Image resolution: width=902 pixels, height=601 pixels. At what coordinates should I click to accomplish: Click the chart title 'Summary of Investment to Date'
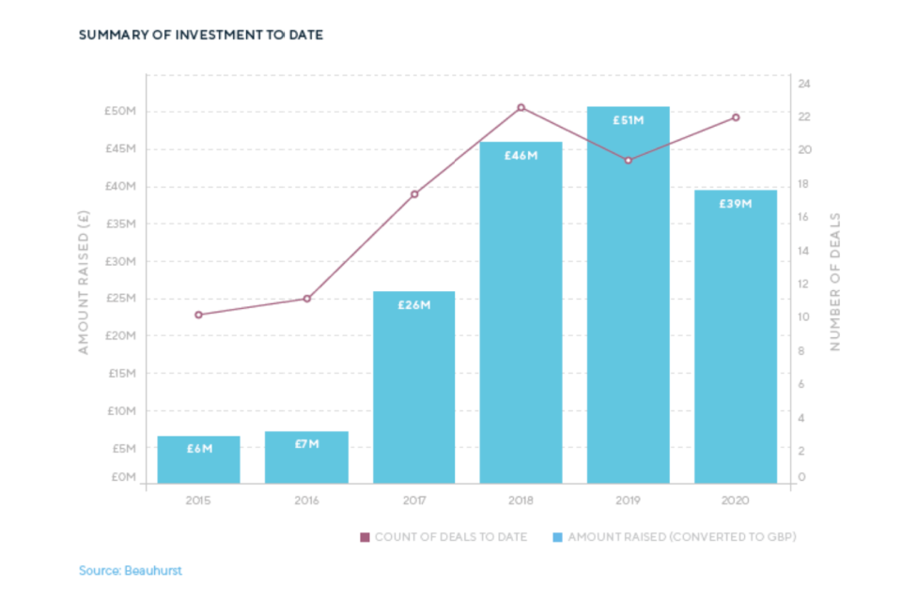201,36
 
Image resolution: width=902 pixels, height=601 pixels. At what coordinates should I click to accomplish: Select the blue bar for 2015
198,460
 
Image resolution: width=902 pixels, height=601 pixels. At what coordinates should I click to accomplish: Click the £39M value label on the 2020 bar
735,204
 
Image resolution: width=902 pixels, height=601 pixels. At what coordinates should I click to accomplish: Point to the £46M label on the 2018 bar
521,155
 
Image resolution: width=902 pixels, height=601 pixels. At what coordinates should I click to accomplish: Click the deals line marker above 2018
521,108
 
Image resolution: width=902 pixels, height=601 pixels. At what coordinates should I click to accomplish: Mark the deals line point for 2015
198,315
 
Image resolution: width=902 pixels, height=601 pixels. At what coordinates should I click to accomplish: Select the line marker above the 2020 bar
736,117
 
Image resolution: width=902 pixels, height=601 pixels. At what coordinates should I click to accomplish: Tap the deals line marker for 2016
306,299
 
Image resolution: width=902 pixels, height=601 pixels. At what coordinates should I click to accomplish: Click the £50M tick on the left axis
120,112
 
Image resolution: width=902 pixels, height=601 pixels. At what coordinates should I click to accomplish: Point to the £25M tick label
120,299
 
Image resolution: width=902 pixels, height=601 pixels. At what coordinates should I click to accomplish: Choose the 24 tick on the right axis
805,84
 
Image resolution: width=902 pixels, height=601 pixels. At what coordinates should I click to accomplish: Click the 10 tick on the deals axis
805,317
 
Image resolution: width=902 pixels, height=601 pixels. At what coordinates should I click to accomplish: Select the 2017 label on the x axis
413,501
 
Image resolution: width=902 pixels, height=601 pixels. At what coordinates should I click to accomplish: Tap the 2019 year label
628,501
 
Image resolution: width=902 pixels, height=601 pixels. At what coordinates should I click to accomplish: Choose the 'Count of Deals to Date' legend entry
443,537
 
